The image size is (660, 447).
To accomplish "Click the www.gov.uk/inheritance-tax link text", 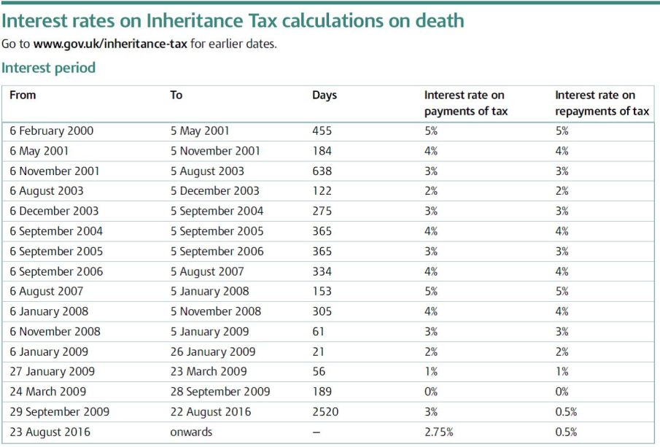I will click(x=110, y=44).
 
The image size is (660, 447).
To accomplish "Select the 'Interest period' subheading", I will click(x=49, y=69).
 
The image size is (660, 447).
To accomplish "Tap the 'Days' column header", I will click(x=325, y=96).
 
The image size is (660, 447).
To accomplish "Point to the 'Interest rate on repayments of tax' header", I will click(x=602, y=104).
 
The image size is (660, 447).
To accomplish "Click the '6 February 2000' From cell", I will click(x=52, y=131).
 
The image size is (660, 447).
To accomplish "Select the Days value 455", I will click(x=322, y=131).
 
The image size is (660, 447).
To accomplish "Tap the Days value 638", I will click(x=322, y=171).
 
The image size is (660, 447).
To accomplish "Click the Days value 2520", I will click(x=325, y=412).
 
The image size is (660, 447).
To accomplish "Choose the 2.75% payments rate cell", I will click(x=439, y=432).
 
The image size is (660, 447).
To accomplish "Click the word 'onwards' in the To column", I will click(x=191, y=432).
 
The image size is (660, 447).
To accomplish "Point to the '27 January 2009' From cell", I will click(x=53, y=372).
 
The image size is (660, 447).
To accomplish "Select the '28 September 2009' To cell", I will click(x=220, y=392).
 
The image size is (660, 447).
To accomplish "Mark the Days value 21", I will click(x=319, y=352).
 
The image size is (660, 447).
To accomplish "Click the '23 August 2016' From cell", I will click(x=50, y=432).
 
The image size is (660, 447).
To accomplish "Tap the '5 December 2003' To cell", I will click(x=214, y=192).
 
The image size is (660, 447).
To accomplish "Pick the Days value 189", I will click(x=322, y=392).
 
